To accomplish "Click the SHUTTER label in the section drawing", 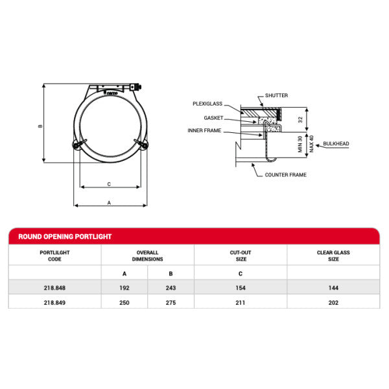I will point(276,96).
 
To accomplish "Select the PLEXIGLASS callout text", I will point(208,104).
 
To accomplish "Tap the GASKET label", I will point(213,118).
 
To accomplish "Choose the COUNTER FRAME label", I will point(285,174).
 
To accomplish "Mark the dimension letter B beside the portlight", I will point(40,126).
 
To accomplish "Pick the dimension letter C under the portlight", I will point(108,184).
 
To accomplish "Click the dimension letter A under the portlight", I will point(108,203).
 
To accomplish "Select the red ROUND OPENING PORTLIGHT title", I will point(65,237).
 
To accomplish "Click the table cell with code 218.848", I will point(54,287).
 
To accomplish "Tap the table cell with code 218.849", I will point(54,301).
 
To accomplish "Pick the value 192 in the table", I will point(124,287).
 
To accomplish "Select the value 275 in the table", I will point(171,301).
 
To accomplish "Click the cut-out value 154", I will point(241,287).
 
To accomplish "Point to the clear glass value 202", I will point(333,301).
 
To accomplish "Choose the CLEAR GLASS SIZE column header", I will point(333,255).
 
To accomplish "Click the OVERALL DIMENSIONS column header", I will point(148,255).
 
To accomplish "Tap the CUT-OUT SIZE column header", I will point(241,255).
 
